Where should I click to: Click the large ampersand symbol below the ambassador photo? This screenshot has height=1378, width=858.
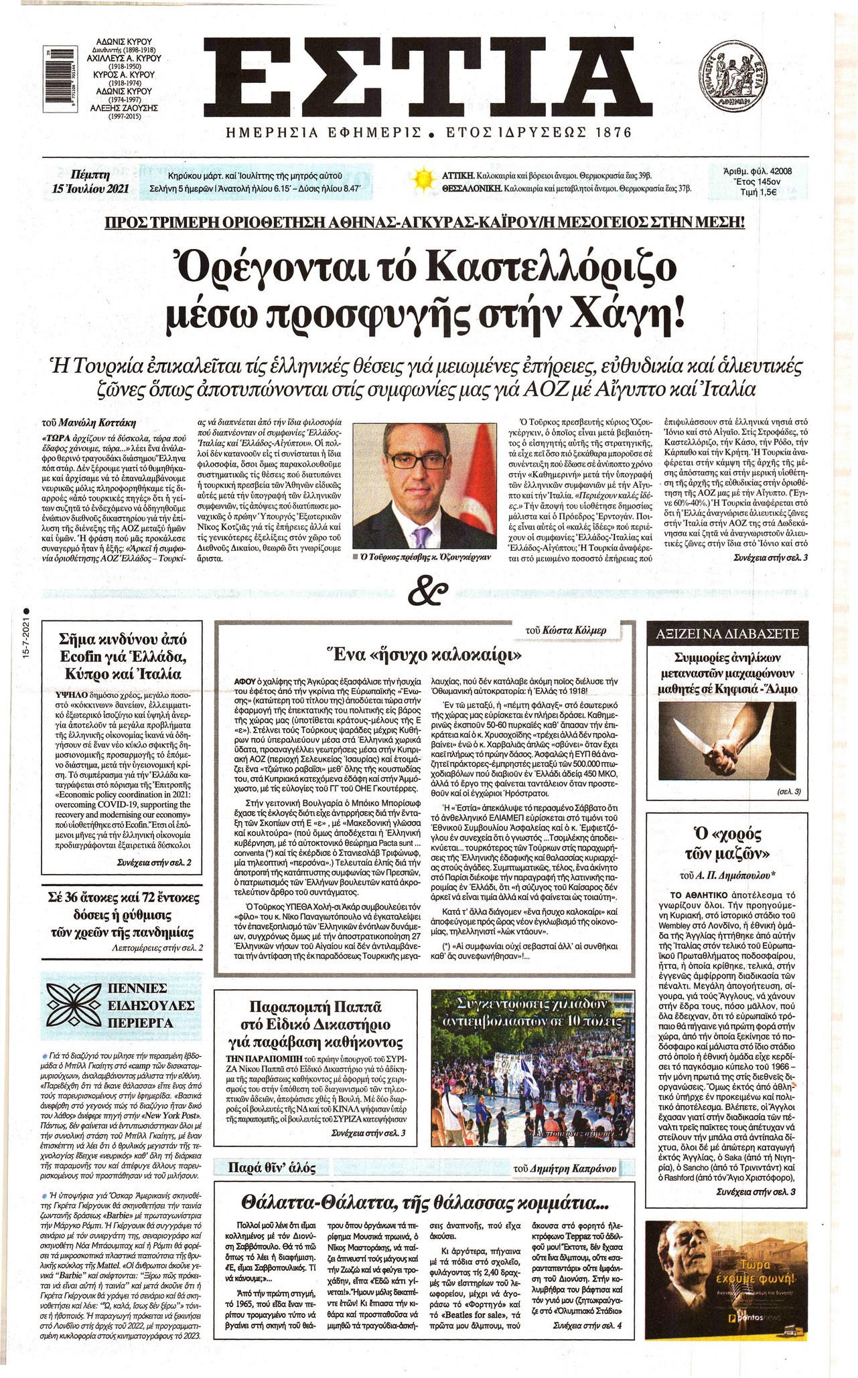pos(427,592)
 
